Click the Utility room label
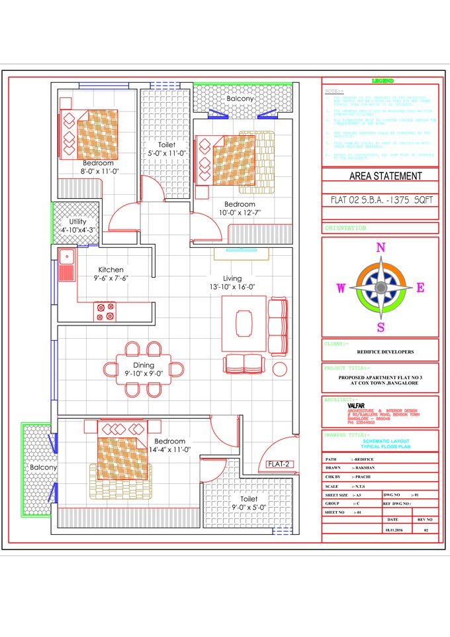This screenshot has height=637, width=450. pyautogui.click(x=77, y=221)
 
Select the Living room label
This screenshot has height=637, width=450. pyautogui.click(x=232, y=278)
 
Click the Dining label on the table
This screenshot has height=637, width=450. pyautogui.click(x=144, y=365)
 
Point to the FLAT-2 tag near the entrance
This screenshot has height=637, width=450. pyautogui.click(x=279, y=464)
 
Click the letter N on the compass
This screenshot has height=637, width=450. pyautogui.click(x=381, y=248)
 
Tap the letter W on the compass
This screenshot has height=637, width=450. pyautogui.click(x=341, y=288)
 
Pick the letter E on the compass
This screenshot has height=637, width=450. pyautogui.click(x=420, y=288)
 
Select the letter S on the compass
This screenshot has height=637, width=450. pyautogui.click(x=381, y=327)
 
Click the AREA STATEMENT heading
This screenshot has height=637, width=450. pyautogui.click(x=385, y=176)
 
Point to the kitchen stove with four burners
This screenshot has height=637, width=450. pyautogui.click(x=105, y=312)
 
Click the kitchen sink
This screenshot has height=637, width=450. pyautogui.click(x=66, y=265)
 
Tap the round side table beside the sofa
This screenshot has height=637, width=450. pyautogui.click(x=280, y=369)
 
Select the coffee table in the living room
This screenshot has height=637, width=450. pyautogui.click(x=243, y=323)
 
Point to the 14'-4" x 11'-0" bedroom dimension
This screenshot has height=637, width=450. pyautogui.click(x=169, y=449)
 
